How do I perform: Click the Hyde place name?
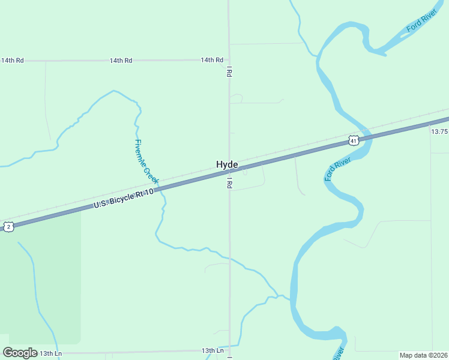tap(227, 164)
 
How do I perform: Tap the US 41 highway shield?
tap(353, 140)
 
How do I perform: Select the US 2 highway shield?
tap(8, 226)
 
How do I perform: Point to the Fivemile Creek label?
tap(146, 161)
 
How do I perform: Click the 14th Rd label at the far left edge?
tap(12, 61)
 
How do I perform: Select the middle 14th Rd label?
tap(121, 61)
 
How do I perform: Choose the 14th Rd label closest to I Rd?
tap(212, 60)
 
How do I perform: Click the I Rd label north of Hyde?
tap(229, 73)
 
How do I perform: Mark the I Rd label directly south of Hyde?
tap(229, 183)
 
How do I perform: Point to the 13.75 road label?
tap(439, 131)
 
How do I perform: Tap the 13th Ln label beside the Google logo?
tap(50, 353)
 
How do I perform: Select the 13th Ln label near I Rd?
tap(212, 350)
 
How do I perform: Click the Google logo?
tap(20, 353)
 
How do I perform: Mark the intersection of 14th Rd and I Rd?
tap(229, 60)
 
